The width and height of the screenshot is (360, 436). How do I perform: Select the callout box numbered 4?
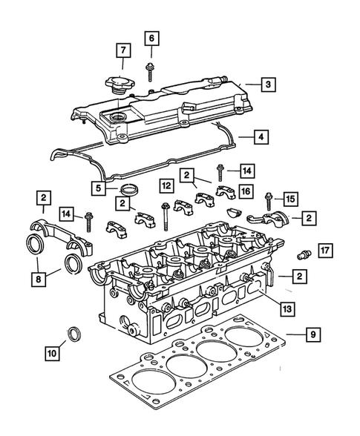pyautogui.click(x=261, y=137)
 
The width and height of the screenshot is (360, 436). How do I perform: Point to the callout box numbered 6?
pyautogui.click(x=151, y=37)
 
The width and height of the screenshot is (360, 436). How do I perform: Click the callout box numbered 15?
pyautogui.click(x=290, y=199)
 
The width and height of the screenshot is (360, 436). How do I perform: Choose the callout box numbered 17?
pyautogui.click(x=324, y=249)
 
